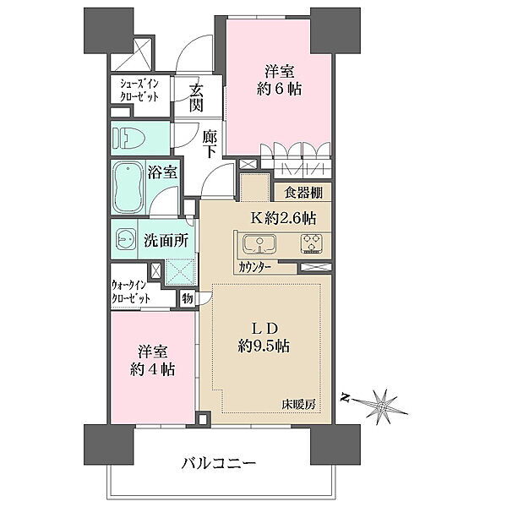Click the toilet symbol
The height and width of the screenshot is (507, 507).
pos(125,138)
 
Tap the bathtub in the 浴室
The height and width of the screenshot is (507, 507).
pos(128,188)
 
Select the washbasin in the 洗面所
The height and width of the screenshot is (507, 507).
pos(125,239)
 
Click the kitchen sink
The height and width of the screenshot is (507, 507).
pos(259,244)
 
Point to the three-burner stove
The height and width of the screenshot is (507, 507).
pos(311,243)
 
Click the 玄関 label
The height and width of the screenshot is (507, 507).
pos(196,98)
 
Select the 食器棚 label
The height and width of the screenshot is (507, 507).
pos(303,193)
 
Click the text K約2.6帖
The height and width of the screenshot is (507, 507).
pos(284,219)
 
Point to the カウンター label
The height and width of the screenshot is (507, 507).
pos(254,267)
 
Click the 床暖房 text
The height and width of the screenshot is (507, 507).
pos(298,405)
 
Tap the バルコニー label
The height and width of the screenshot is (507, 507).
pos(219,463)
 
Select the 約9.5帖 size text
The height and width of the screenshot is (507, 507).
pos(264,346)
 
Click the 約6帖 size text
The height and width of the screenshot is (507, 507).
pos(279,89)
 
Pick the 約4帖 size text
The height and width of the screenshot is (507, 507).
pos(153,369)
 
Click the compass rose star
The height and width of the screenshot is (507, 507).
pos(382,406)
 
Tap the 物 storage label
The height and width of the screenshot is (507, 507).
pos(188,298)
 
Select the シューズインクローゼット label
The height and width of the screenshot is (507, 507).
pos(139,91)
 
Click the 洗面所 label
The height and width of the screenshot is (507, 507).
pos(166,241)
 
